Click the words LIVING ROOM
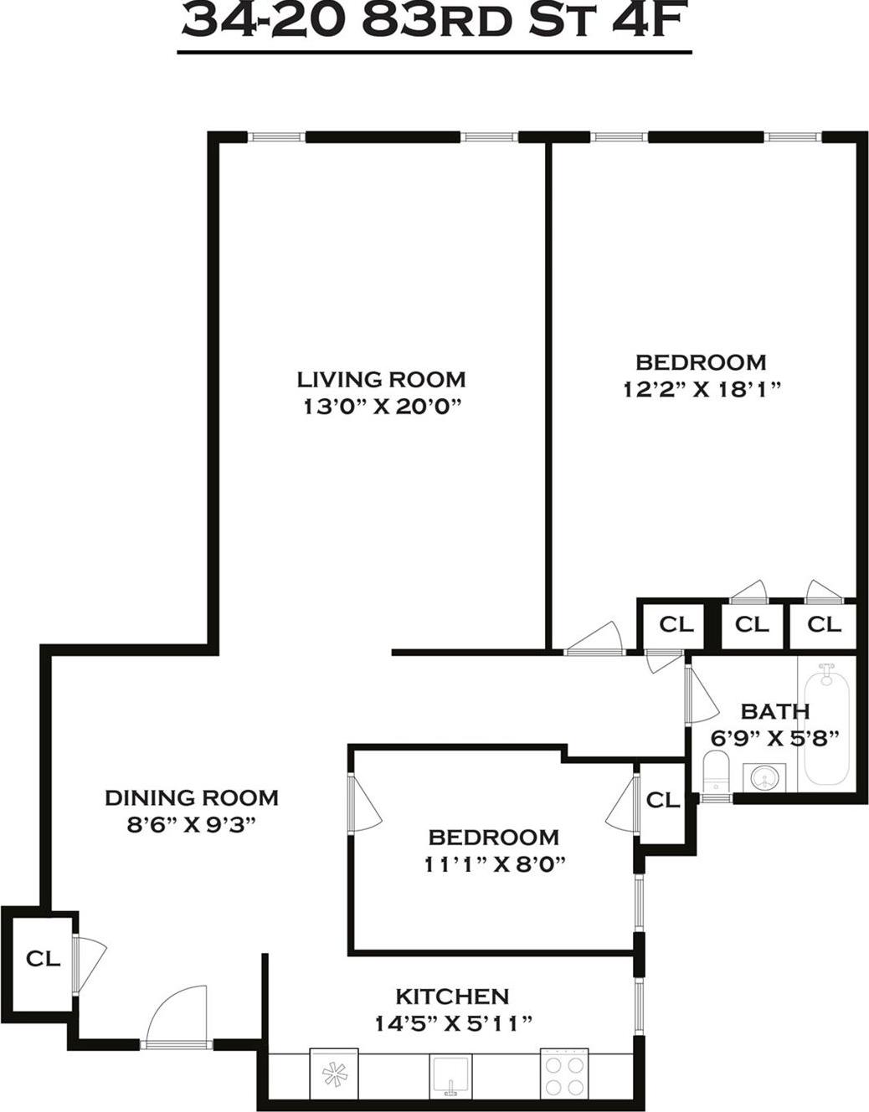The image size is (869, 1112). pyautogui.click(x=381, y=379)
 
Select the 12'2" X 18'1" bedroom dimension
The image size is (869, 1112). pyautogui.click(x=701, y=389)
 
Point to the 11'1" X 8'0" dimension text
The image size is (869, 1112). pyautogui.click(x=494, y=864)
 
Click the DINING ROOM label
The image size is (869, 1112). pyautogui.click(x=191, y=797)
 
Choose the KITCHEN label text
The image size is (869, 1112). pyautogui.click(x=451, y=997)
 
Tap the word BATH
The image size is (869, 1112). pyautogui.click(x=775, y=711)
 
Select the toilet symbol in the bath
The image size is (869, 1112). pyautogui.click(x=716, y=771)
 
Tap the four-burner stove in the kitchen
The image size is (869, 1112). pyautogui.click(x=563, y=1073)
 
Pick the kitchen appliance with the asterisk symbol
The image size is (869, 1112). pyautogui.click(x=334, y=1074)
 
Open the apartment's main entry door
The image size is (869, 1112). pyautogui.click(x=177, y=1017)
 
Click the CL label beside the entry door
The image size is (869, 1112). pyautogui.click(x=43, y=959)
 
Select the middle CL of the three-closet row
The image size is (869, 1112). pyautogui.click(x=751, y=624)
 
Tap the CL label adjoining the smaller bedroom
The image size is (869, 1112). pyautogui.click(x=663, y=800)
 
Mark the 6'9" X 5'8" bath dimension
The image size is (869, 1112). pyautogui.click(x=775, y=738)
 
